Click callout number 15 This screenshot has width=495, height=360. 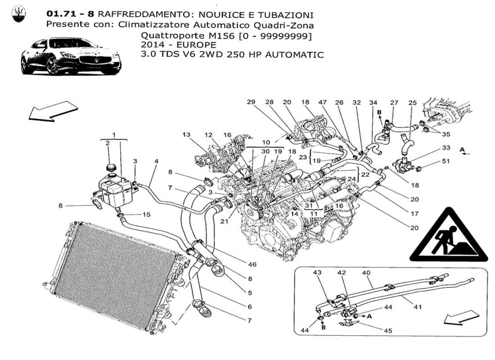click(x=147, y=214)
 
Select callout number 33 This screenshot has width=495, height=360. click(x=446, y=147)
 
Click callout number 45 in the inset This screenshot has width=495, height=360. click(x=388, y=331)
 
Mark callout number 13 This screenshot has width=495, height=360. click(x=186, y=135)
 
